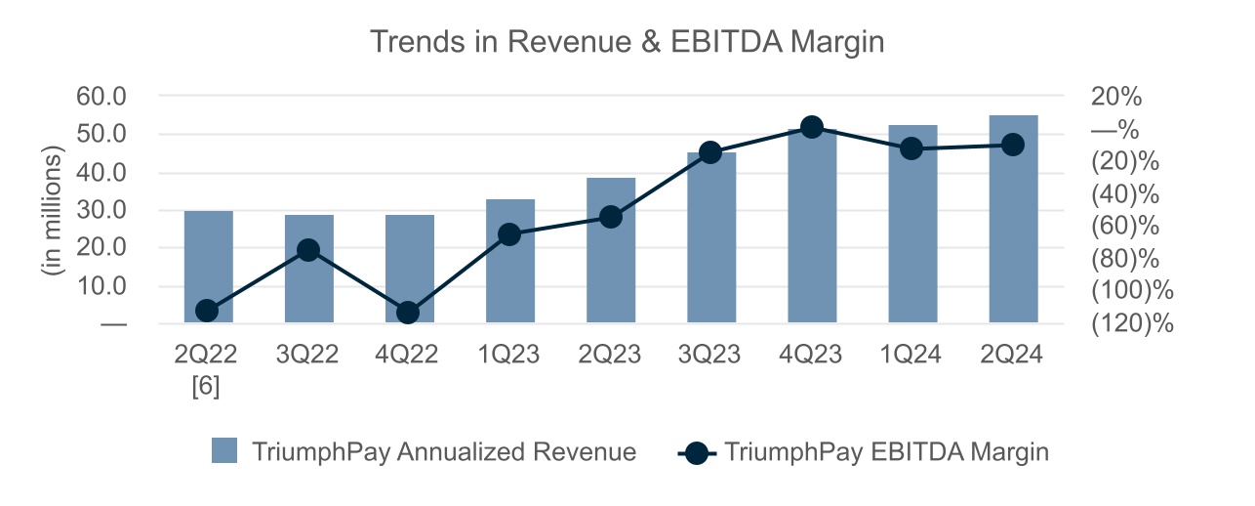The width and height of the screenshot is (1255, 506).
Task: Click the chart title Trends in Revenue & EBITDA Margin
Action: pos(627,42)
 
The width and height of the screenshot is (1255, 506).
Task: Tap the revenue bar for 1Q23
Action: pos(510,283)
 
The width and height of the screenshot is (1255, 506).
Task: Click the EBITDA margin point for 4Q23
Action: pos(811,127)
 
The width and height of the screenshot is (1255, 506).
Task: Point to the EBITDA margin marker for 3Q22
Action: pos(308,250)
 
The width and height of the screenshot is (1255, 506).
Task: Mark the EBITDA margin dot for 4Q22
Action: pos(409,313)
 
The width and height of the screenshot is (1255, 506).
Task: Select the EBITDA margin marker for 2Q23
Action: pos(611,217)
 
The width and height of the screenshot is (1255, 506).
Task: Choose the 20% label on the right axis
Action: pos(1116,97)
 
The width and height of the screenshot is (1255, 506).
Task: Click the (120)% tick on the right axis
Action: pos(1132,323)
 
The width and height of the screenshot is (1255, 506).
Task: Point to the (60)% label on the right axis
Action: pos(1124,226)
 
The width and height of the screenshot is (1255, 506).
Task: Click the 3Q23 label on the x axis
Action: pos(711,355)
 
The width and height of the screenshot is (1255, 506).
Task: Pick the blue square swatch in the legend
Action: pos(224,451)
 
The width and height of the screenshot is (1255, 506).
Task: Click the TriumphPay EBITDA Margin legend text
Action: pos(886,451)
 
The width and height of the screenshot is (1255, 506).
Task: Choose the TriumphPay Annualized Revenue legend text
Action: pos(444,451)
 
